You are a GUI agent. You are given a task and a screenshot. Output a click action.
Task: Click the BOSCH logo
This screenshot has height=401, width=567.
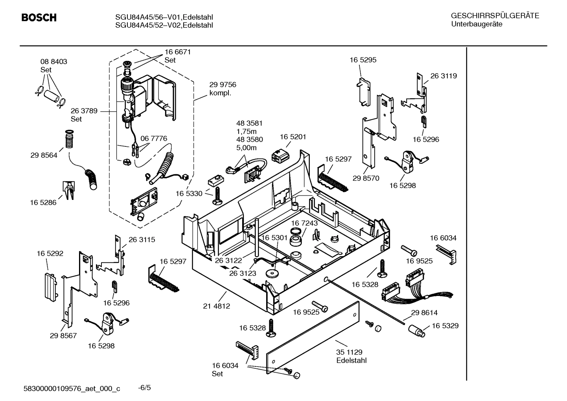39,18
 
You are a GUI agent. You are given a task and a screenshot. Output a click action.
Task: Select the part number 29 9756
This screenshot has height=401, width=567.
223,85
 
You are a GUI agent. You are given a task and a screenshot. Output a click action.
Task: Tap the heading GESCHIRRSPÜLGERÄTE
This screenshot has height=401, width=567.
495,16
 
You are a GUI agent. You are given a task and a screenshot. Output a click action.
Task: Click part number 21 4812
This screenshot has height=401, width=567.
217,306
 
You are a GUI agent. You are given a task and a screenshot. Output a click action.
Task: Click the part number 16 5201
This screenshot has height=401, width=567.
293,137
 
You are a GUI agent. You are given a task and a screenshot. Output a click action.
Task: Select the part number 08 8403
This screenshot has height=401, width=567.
53,61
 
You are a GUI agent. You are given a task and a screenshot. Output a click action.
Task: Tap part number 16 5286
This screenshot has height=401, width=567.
43,202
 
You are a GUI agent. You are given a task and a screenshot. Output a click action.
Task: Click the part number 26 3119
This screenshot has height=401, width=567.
444,76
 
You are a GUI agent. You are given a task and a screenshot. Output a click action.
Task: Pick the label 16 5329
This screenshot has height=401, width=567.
445,325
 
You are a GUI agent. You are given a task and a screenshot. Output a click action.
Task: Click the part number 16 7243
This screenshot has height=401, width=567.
304,223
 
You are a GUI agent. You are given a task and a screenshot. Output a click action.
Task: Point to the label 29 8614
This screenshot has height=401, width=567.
424,312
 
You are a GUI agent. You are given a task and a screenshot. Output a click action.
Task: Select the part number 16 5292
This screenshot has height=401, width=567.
50,253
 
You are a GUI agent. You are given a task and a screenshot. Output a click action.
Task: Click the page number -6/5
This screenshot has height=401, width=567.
144,388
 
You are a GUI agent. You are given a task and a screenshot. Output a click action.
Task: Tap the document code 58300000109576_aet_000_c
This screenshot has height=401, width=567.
72,389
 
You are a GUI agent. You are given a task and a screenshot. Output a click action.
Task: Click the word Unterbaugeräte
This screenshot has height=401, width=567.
477,24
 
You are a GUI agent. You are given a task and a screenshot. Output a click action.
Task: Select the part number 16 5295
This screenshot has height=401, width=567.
363,60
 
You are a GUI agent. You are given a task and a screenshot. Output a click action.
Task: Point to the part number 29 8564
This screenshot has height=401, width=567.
44,155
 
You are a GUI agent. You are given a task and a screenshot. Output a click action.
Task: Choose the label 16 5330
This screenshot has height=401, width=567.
189,194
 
